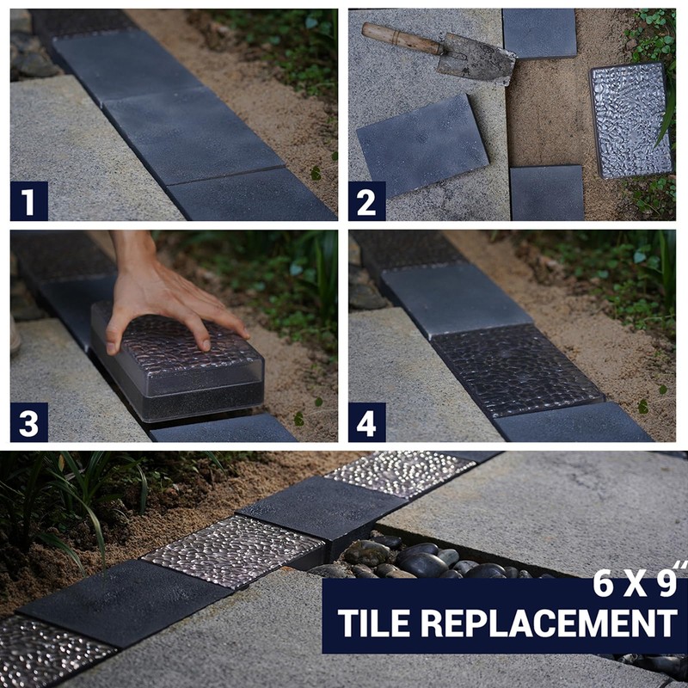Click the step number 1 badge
point(29,201)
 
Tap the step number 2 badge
point(367,201)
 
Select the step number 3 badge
point(29,422)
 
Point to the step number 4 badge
point(367,422)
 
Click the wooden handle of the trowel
point(402,39)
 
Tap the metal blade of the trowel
point(476,58)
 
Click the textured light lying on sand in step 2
point(630,120)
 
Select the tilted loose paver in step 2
point(422,145)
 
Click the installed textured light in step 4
point(518,370)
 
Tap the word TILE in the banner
point(374,623)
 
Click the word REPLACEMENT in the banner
point(550,623)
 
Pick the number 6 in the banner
point(603,583)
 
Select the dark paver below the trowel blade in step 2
point(422,145)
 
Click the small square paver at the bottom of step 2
point(547,193)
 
